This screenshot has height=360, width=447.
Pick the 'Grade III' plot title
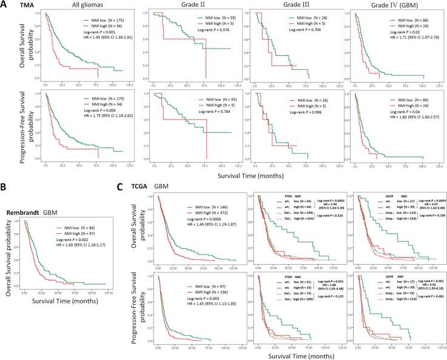(x=281, y=5)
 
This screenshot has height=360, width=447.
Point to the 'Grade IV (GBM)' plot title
(x=390, y=5)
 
